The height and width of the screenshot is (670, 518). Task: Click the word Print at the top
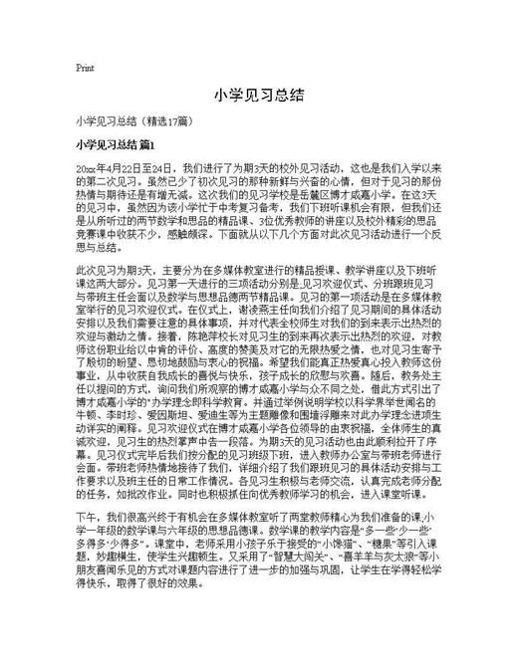tap(85, 69)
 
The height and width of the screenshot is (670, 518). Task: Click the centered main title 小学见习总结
tap(258, 96)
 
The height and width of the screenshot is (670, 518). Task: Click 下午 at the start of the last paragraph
tap(86, 575)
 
